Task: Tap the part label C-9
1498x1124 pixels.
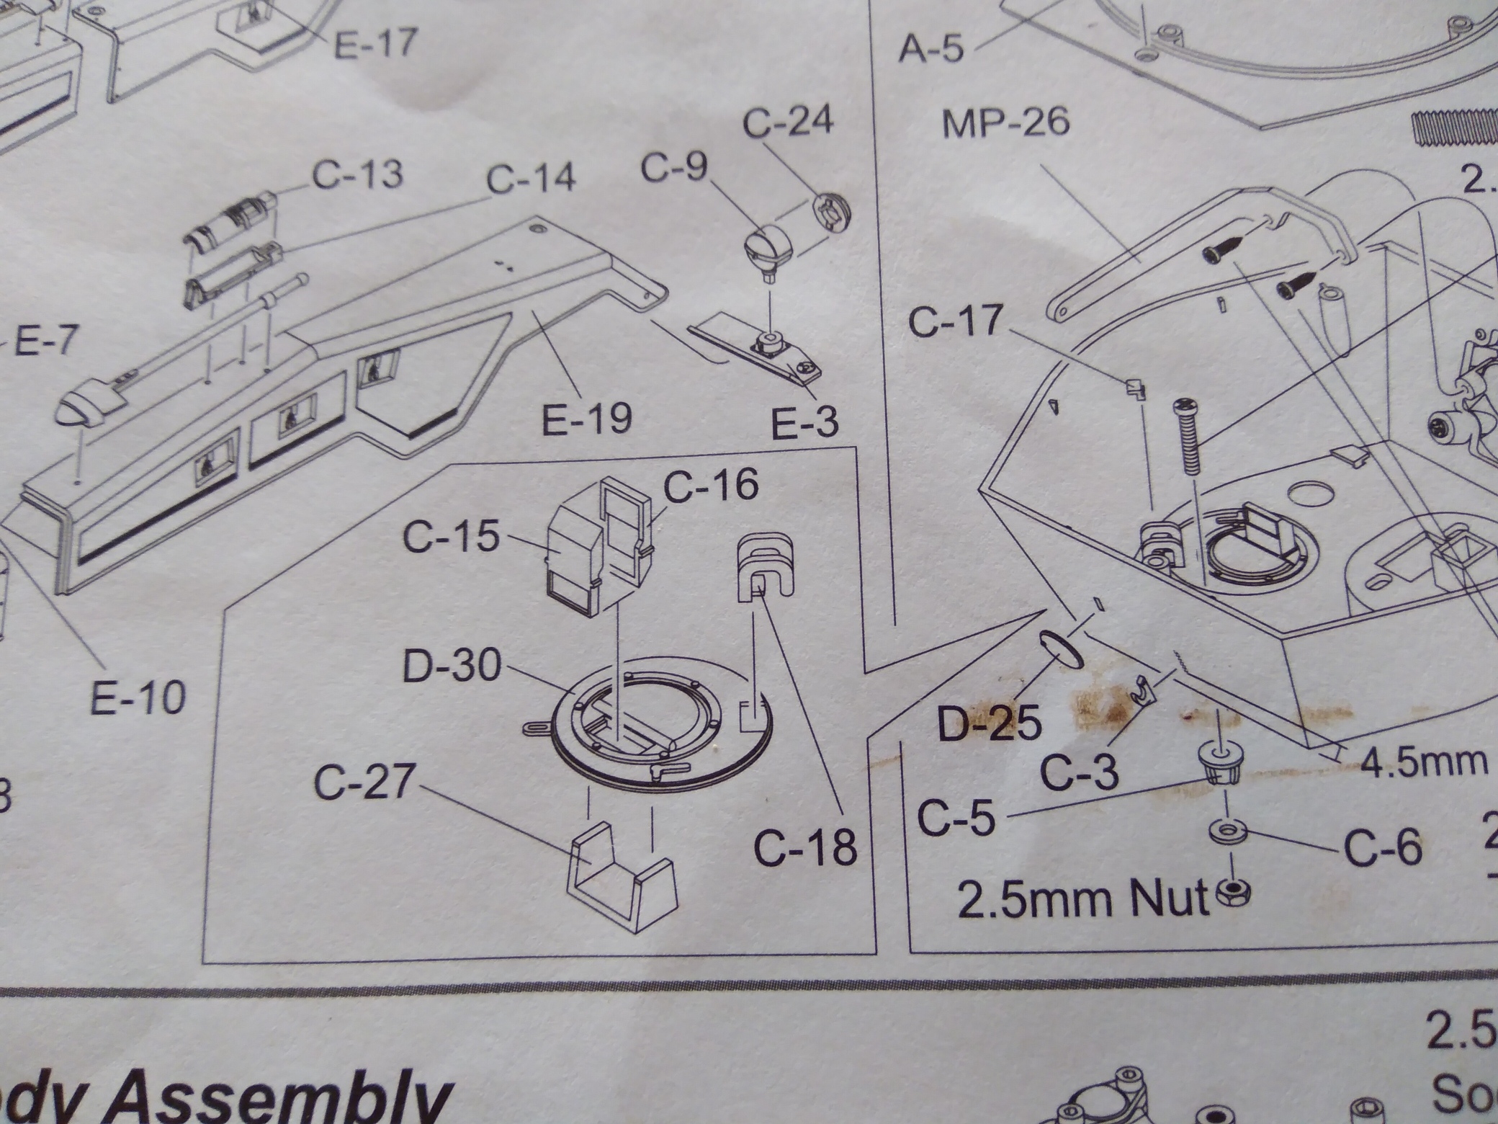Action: click(674, 169)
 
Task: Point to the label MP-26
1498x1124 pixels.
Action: click(1006, 123)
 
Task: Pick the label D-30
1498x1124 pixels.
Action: click(452, 666)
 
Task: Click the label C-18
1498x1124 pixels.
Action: click(805, 847)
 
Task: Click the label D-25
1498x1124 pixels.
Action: click(990, 723)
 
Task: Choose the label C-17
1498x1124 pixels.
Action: click(955, 321)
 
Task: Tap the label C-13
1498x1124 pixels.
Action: click(358, 174)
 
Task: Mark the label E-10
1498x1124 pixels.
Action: click(138, 697)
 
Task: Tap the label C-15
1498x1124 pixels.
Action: click(451, 537)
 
